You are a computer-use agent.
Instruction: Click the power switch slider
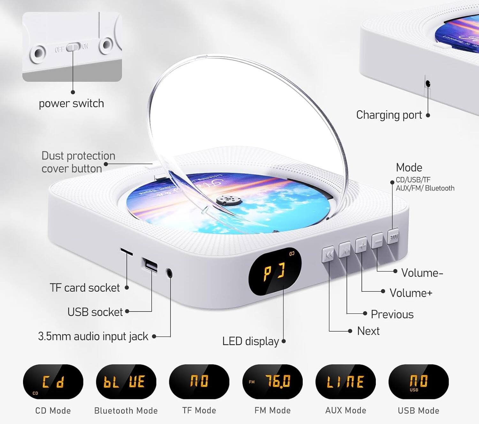[x=73, y=48]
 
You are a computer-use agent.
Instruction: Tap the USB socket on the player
[x=149, y=265]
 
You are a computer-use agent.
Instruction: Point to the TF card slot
[x=126, y=252]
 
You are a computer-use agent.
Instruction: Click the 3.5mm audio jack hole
[x=169, y=273]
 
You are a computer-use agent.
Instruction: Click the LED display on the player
[x=275, y=272]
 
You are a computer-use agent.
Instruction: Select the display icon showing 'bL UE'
[x=126, y=382]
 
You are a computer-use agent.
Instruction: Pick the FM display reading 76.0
[x=272, y=382]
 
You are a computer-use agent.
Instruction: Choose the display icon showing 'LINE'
[x=346, y=382]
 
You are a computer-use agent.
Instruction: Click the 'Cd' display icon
[x=53, y=382]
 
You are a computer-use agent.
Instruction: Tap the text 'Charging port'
[x=389, y=115]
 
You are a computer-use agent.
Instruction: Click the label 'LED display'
[x=250, y=341]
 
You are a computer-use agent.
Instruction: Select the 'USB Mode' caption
[x=418, y=411]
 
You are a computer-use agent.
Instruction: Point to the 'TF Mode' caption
[x=199, y=410]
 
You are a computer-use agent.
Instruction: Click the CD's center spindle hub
[x=229, y=200]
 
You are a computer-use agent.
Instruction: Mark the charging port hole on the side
[x=428, y=84]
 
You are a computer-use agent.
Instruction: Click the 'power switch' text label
[x=71, y=104]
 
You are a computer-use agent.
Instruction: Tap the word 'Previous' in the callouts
[x=392, y=314]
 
